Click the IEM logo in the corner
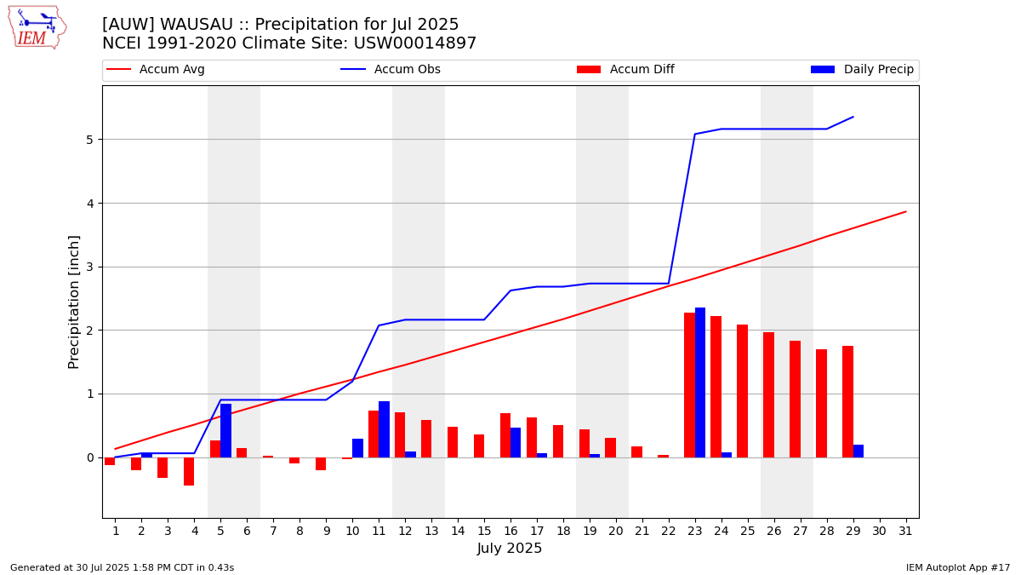pos(37,27)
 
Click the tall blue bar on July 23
pos(700,382)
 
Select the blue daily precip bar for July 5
pos(225,430)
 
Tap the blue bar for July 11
pos(384,429)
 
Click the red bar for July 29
pos(847,401)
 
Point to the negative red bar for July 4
pos(189,471)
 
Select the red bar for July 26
pos(768,394)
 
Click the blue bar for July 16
pos(516,442)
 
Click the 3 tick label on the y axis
pos(88,267)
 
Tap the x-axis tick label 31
pos(905,531)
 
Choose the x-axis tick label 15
pos(484,531)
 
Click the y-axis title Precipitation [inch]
pos(74,302)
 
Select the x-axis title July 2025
pos(510,549)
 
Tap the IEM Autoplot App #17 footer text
pos(957,567)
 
